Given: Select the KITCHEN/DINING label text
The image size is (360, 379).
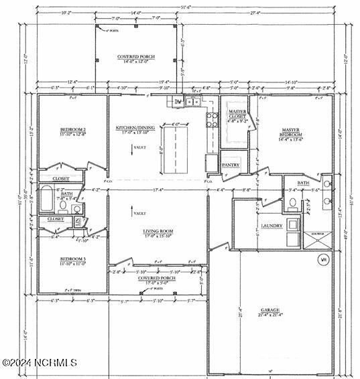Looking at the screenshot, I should [136, 129].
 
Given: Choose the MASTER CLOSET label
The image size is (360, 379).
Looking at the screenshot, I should [237, 115].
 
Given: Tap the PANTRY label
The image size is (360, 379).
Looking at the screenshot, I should [231, 164].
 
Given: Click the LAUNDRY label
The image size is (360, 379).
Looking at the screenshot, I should [272, 226].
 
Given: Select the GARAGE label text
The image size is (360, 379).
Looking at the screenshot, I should [270, 311].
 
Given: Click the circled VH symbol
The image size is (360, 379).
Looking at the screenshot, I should [323, 258].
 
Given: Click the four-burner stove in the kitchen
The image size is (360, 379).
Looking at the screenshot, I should [212, 120].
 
